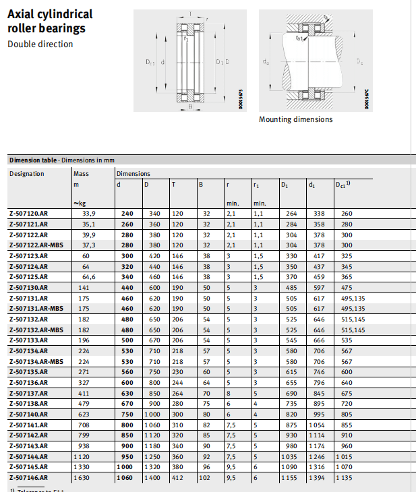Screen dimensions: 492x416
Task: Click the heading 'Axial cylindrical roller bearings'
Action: [x=50, y=21]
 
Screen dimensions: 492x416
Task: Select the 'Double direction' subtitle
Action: [x=40, y=44]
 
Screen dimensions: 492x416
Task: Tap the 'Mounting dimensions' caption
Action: [x=295, y=119]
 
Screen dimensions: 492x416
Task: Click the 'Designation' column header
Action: [x=26, y=174]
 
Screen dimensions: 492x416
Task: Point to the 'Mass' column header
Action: [x=80, y=174]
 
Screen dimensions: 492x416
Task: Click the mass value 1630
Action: [x=81, y=477]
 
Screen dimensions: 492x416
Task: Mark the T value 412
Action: [x=177, y=477]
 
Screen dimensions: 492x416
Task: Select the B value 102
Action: [x=206, y=477]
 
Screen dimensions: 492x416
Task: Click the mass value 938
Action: [x=82, y=445]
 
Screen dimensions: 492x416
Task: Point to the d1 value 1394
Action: [x=316, y=477]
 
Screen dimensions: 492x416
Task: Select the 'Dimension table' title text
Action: [x=33, y=160]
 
